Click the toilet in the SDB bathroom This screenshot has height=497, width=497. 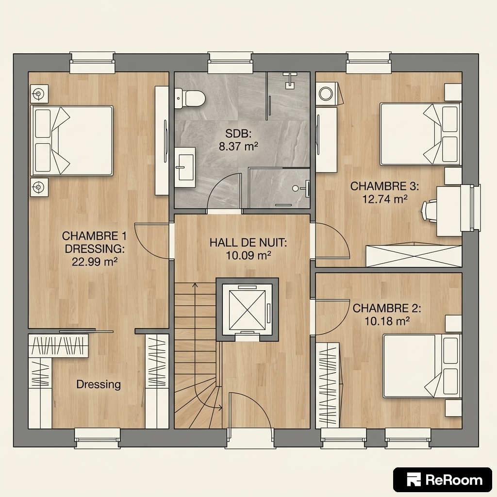[190, 99]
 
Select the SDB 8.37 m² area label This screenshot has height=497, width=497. [238, 140]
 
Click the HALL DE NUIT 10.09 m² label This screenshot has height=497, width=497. [248, 249]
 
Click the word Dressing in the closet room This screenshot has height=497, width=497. [99, 384]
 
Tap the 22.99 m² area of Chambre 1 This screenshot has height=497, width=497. [95, 262]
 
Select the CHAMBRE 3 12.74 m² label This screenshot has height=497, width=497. [384, 192]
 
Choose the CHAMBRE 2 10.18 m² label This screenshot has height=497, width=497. [387, 315]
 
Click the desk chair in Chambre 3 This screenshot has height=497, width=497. [429, 211]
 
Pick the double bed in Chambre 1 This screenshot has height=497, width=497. [72, 140]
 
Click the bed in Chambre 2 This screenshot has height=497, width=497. [422, 366]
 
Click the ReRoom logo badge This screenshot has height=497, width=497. [443, 480]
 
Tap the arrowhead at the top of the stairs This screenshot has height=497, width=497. [195, 285]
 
